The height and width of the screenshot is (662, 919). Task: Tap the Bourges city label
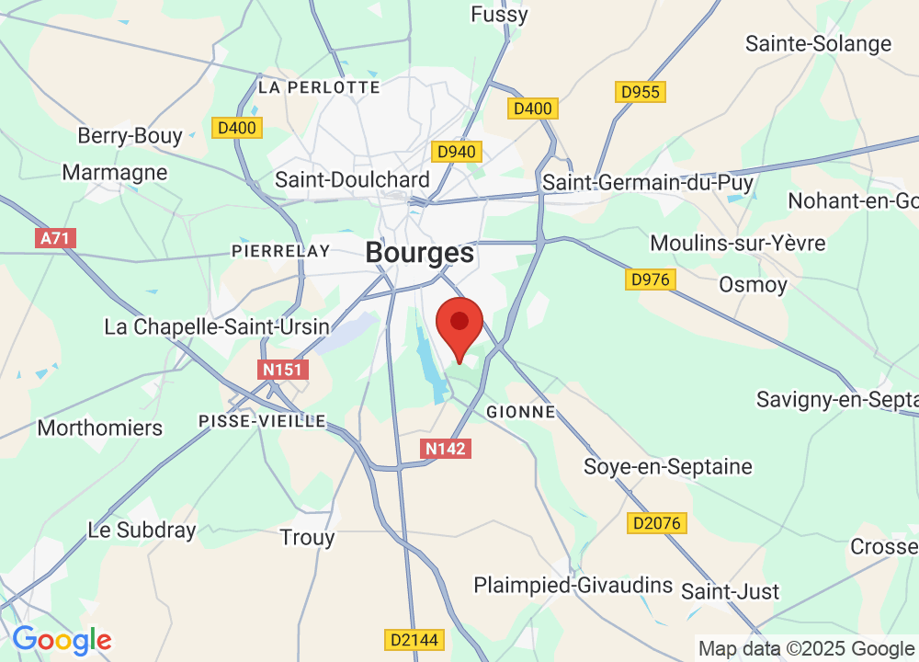(x=420, y=252)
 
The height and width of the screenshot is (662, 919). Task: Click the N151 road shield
(x=283, y=370)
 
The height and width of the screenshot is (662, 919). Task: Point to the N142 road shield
(x=446, y=449)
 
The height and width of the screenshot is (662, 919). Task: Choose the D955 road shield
(x=641, y=92)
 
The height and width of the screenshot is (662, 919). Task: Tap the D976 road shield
(x=651, y=279)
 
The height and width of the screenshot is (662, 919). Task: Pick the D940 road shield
(x=457, y=151)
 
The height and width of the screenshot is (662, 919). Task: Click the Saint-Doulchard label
(x=352, y=180)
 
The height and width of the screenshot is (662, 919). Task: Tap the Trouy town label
(x=307, y=537)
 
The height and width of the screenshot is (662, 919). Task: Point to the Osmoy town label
(x=753, y=284)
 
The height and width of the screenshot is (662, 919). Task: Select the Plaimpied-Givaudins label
(x=573, y=586)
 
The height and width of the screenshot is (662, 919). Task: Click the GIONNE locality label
(x=521, y=411)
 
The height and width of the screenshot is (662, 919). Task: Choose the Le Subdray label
(x=142, y=530)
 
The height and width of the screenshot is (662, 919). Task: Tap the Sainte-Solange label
(x=818, y=43)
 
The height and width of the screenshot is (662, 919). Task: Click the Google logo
(x=62, y=640)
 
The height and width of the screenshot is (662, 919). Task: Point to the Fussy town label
(x=499, y=15)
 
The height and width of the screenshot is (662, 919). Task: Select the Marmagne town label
(x=115, y=172)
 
